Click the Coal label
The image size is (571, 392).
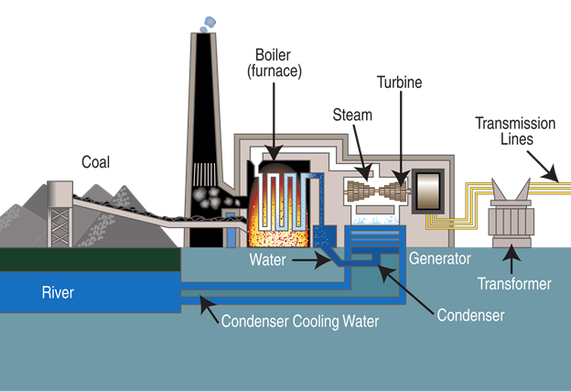point(95,163)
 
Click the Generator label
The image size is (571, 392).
point(439,259)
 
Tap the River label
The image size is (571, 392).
point(57,294)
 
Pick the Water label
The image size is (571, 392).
point(269,260)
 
